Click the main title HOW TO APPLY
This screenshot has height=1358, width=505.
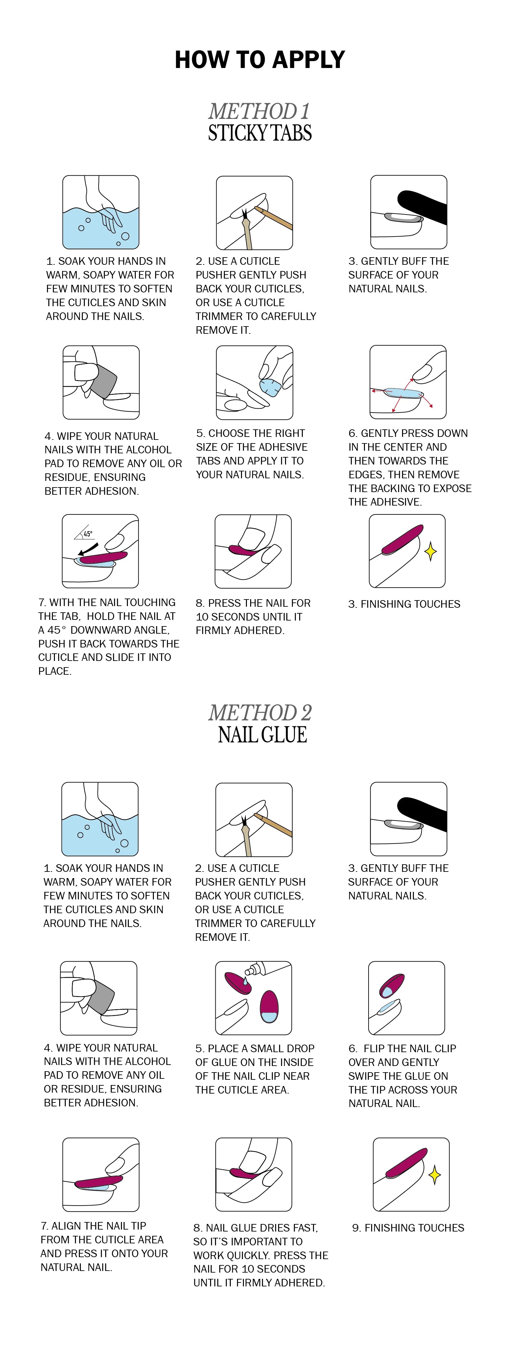click(260, 59)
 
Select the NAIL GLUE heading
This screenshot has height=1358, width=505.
click(262, 735)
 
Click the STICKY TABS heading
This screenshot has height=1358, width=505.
click(260, 133)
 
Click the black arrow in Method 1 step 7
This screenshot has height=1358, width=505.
click(87, 549)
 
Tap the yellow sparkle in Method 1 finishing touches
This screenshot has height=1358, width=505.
click(431, 552)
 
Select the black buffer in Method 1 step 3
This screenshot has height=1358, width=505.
click(422, 207)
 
